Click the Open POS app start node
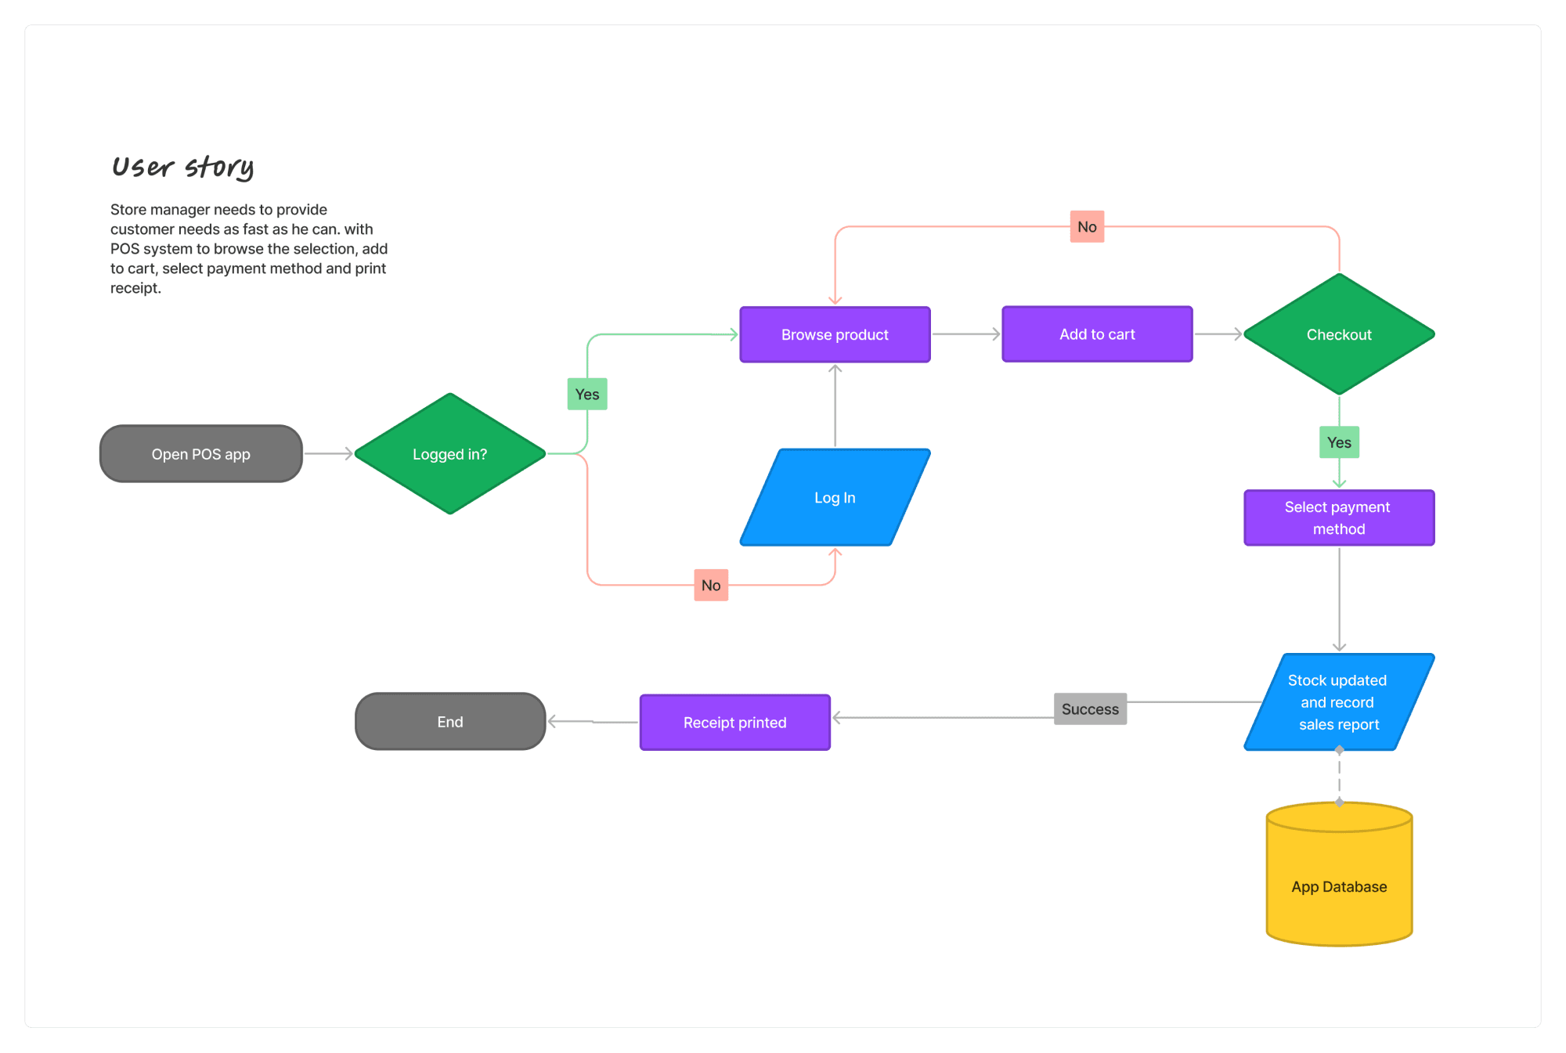(201, 454)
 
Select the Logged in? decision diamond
(450, 454)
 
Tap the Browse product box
(835, 334)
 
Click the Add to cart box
(1098, 334)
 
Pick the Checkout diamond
(1340, 334)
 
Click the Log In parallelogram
(835, 497)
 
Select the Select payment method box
(1340, 517)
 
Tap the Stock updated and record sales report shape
(1340, 702)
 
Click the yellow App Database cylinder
(1340, 874)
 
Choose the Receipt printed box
(735, 723)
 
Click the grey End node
(450, 722)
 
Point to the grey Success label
(1091, 709)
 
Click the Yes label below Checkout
(1340, 442)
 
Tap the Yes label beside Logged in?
(587, 394)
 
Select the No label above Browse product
(1088, 227)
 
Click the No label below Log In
(711, 585)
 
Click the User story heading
(183, 167)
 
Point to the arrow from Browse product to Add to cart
(967, 334)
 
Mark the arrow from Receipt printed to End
(593, 722)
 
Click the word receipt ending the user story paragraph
(135, 288)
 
